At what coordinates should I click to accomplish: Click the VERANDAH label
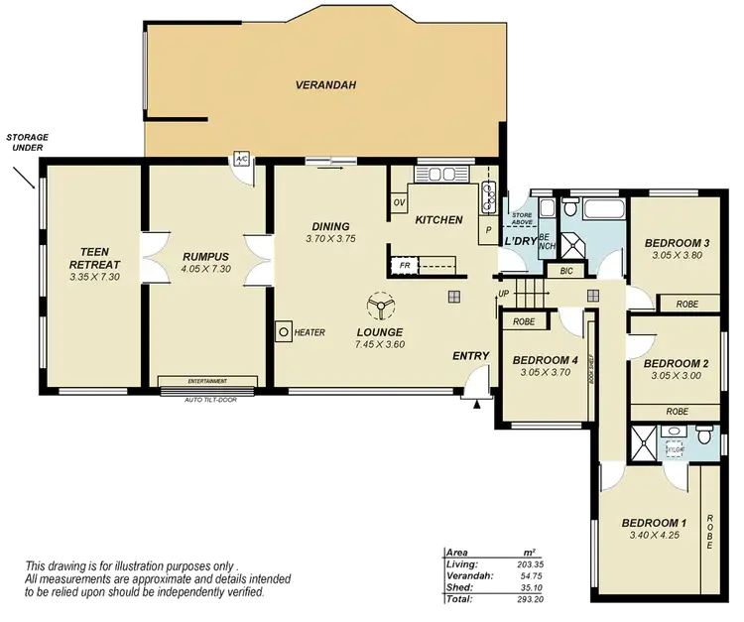pyautogui.click(x=325, y=85)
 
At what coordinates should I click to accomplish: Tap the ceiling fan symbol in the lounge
pyautogui.click(x=378, y=304)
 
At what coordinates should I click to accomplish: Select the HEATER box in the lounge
pyautogui.click(x=283, y=332)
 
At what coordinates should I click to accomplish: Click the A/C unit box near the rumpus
pyautogui.click(x=241, y=159)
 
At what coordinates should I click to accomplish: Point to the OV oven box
pyautogui.click(x=400, y=202)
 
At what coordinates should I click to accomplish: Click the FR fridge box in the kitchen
pyautogui.click(x=404, y=265)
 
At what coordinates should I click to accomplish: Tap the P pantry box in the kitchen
pyautogui.click(x=488, y=229)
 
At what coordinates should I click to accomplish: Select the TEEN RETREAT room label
pyautogui.click(x=94, y=258)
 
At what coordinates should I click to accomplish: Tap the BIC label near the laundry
pyautogui.click(x=567, y=270)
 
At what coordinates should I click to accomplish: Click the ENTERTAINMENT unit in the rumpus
pyautogui.click(x=208, y=381)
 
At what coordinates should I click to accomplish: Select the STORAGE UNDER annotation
pyautogui.click(x=27, y=141)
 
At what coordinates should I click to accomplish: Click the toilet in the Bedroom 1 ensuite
pyautogui.click(x=703, y=435)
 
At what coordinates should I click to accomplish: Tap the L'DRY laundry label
pyautogui.click(x=521, y=242)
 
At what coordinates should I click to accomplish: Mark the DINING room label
pyautogui.click(x=330, y=225)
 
